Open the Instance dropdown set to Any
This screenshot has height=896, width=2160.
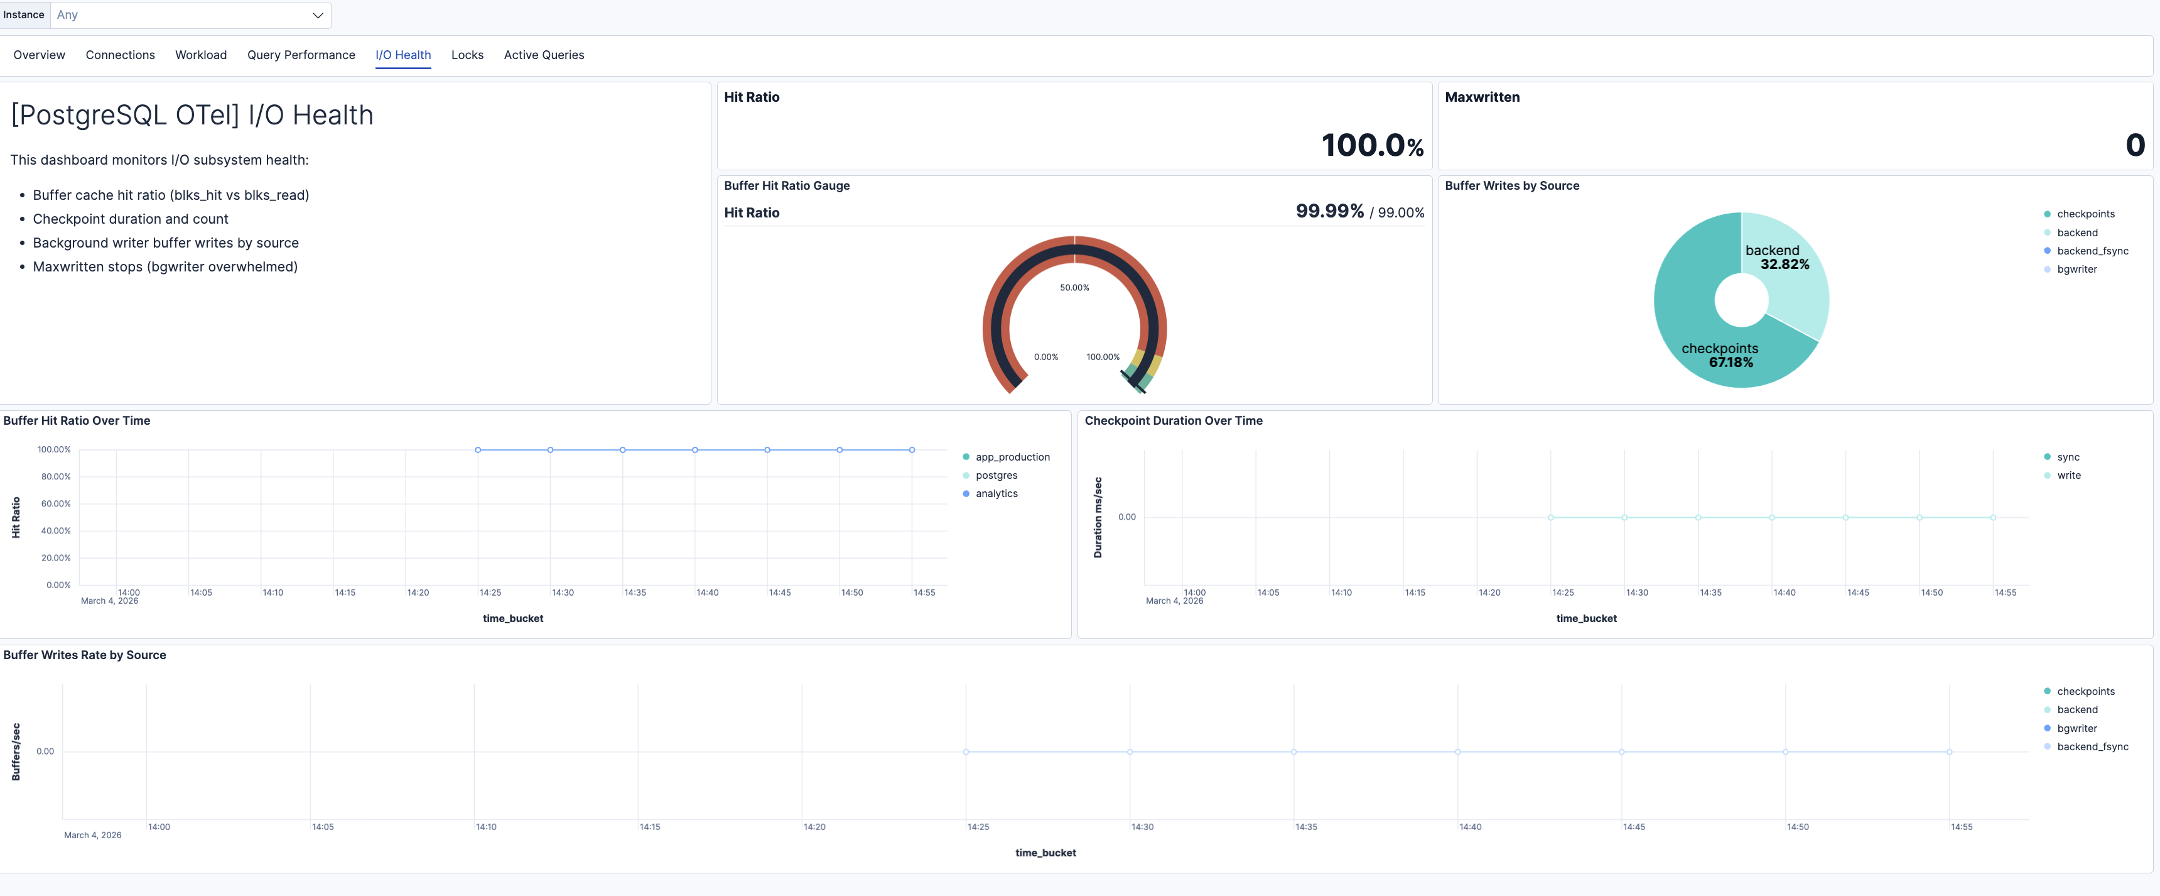coord(190,15)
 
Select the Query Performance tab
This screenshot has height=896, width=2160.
coord(301,55)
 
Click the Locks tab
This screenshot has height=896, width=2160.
coord(467,55)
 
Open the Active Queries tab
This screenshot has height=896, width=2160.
coord(543,55)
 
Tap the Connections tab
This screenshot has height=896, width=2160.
coord(120,55)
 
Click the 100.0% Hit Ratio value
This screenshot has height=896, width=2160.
coord(1372,145)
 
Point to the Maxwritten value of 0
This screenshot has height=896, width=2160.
coord(2135,145)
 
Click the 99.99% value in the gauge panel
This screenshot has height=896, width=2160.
coord(1329,211)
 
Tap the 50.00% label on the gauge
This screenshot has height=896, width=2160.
coord(1074,288)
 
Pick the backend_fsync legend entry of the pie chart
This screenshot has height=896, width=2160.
coord(2092,251)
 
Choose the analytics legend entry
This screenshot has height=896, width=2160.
coord(996,494)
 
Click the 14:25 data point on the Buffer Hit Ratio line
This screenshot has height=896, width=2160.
coord(478,451)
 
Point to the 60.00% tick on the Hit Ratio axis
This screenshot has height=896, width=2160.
coord(56,504)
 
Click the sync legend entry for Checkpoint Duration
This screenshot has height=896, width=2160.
coord(2068,457)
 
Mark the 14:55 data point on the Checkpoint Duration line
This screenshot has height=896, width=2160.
coord(1993,518)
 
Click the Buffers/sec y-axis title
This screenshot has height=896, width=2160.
coord(16,751)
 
